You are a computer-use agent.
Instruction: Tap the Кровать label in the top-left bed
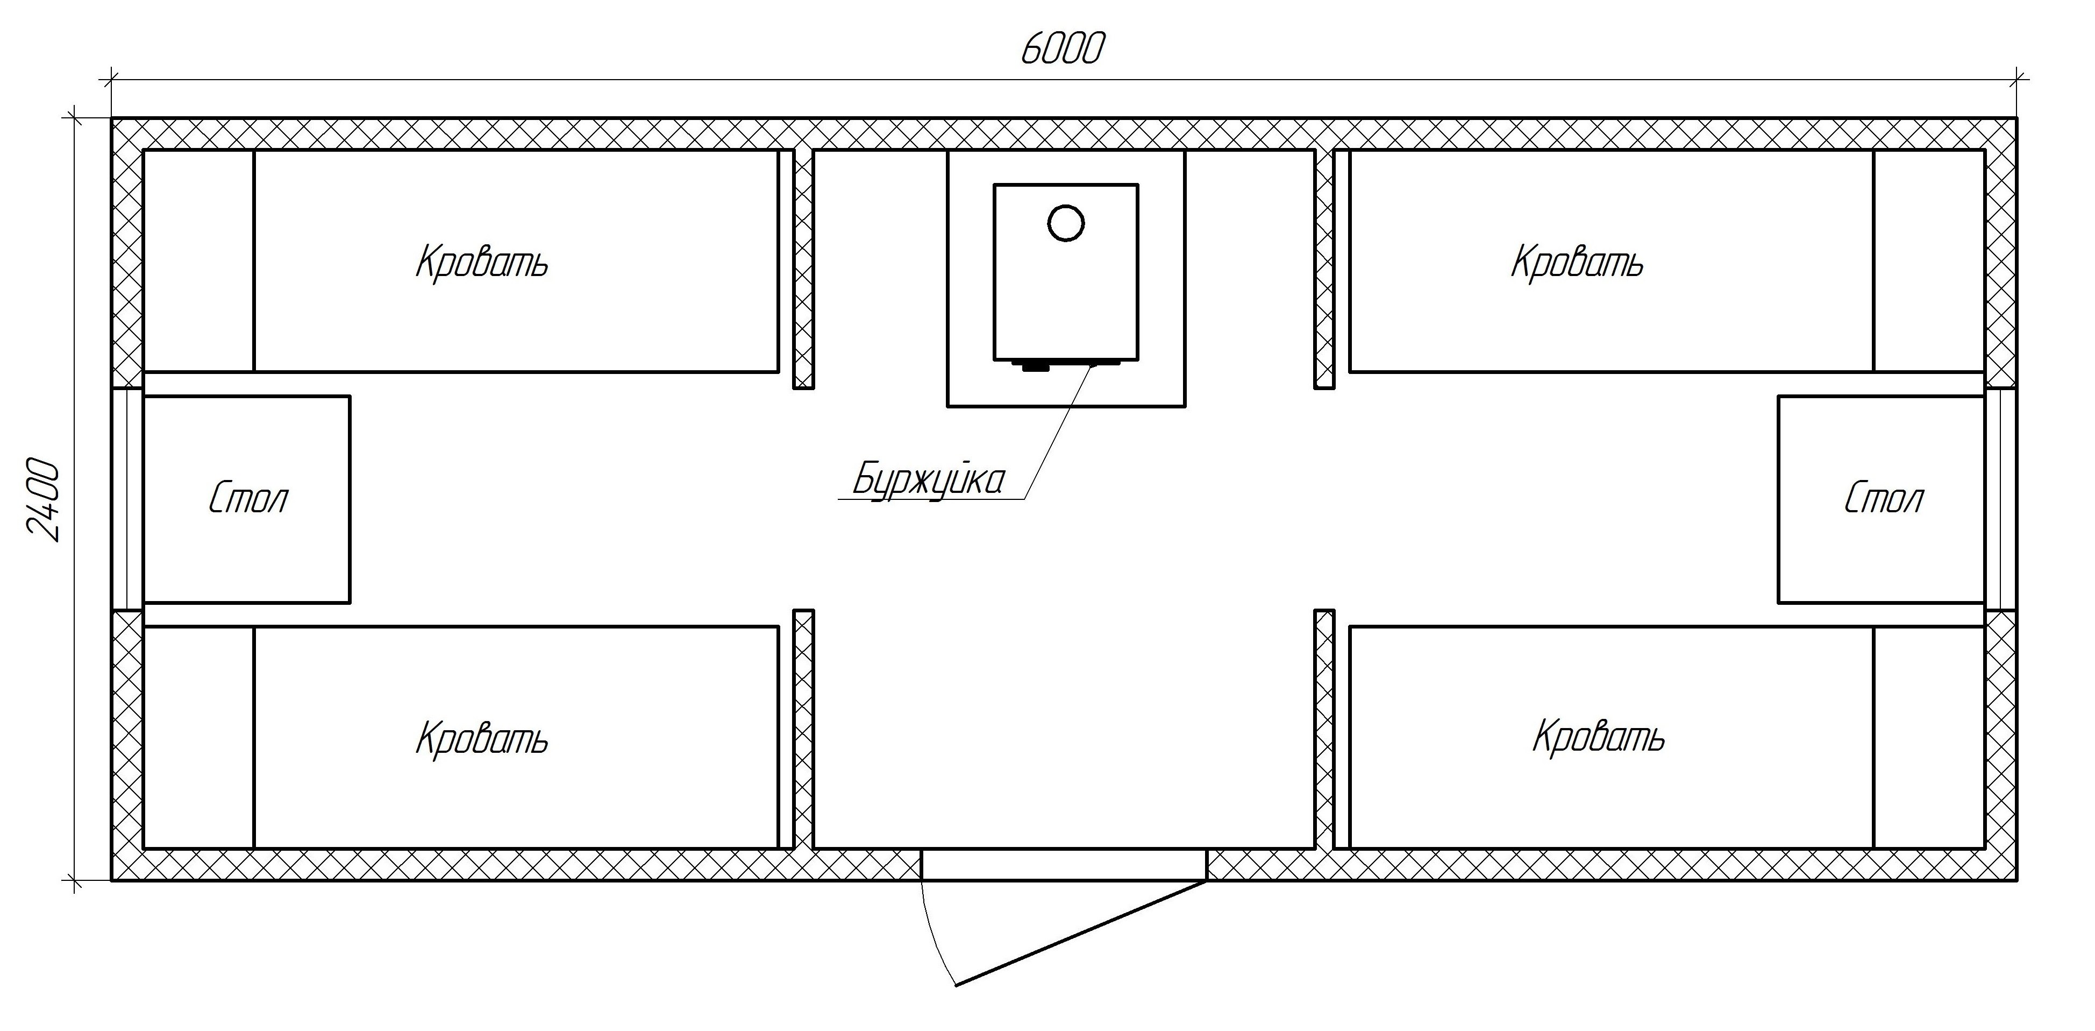click(x=482, y=263)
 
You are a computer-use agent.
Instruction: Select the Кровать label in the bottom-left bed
click(x=482, y=739)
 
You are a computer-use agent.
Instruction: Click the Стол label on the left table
click(x=248, y=498)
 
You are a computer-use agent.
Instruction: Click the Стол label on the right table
click(x=1884, y=498)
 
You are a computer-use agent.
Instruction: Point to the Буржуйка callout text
click(x=928, y=480)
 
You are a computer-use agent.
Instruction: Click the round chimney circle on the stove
click(x=1065, y=222)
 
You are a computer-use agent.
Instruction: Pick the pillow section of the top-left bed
click(x=198, y=260)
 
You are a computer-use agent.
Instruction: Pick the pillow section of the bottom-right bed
click(x=1929, y=737)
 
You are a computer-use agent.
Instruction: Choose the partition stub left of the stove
click(x=803, y=269)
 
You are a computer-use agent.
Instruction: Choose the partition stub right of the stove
click(x=1324, y=269)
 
